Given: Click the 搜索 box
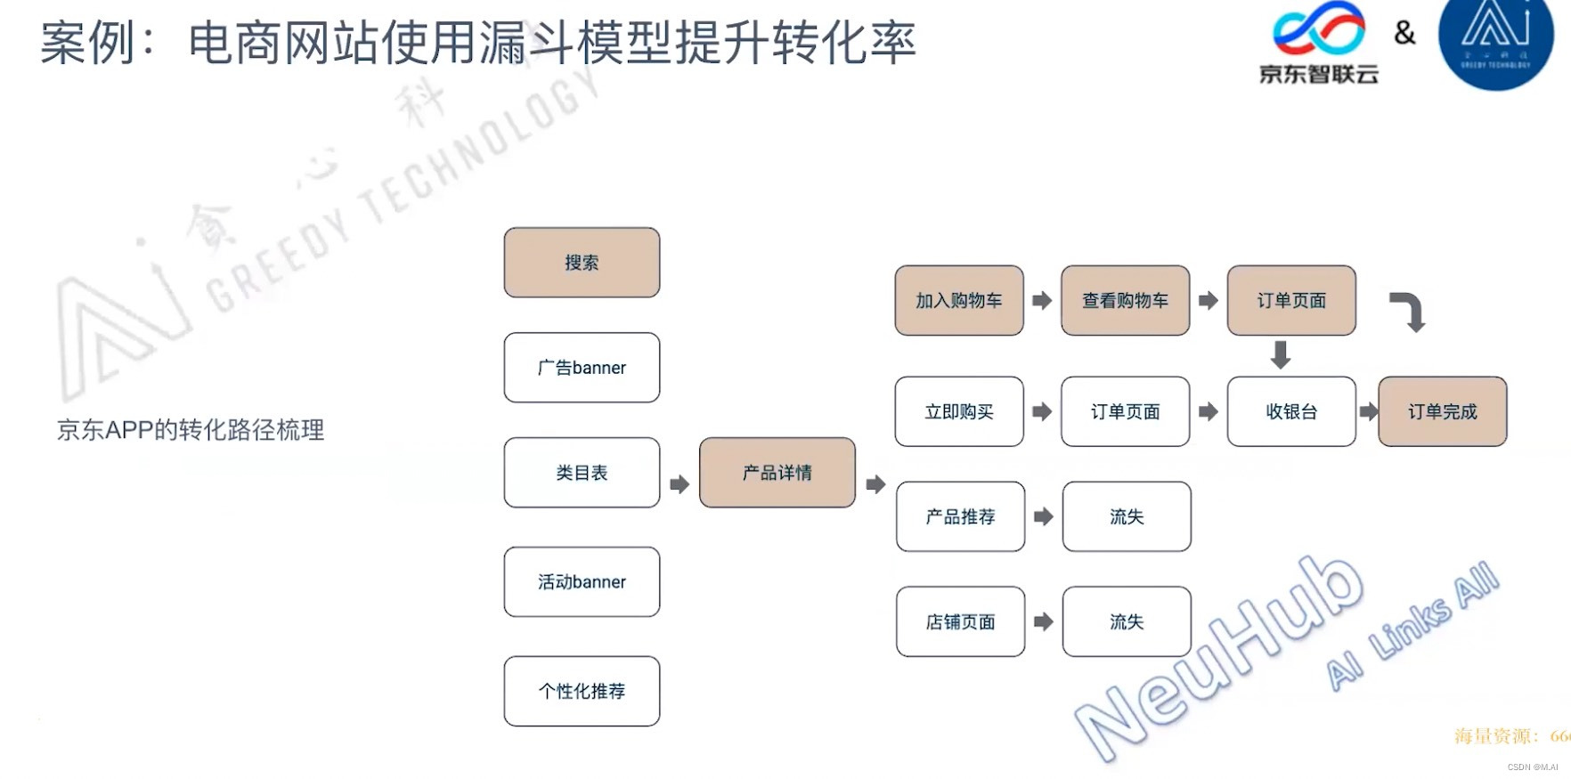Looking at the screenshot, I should point(582,263).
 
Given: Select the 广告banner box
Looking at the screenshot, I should point(582,368).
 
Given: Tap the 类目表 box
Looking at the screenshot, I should point(582,473).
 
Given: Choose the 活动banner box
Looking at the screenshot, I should point(582,582).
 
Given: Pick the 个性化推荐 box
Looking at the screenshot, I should point(582,692).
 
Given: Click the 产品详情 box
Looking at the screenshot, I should point(777,473).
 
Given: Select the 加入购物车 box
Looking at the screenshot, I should point(959,301).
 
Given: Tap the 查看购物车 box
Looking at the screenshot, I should point(1125,301).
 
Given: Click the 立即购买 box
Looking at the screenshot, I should point(959,411).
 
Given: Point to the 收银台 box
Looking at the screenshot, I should point(1291,411).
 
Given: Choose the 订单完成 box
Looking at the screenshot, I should point(1443,411).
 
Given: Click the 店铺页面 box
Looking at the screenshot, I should point(960,622).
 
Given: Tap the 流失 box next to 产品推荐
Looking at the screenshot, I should point(1127,516).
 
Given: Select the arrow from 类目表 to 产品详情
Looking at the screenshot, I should point(680,484).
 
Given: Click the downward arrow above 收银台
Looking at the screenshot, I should point(1281,354).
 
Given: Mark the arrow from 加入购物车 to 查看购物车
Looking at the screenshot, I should point(1042,301).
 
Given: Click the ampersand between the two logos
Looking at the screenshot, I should point(1404,33).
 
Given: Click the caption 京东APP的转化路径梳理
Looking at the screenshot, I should point(191,430).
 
